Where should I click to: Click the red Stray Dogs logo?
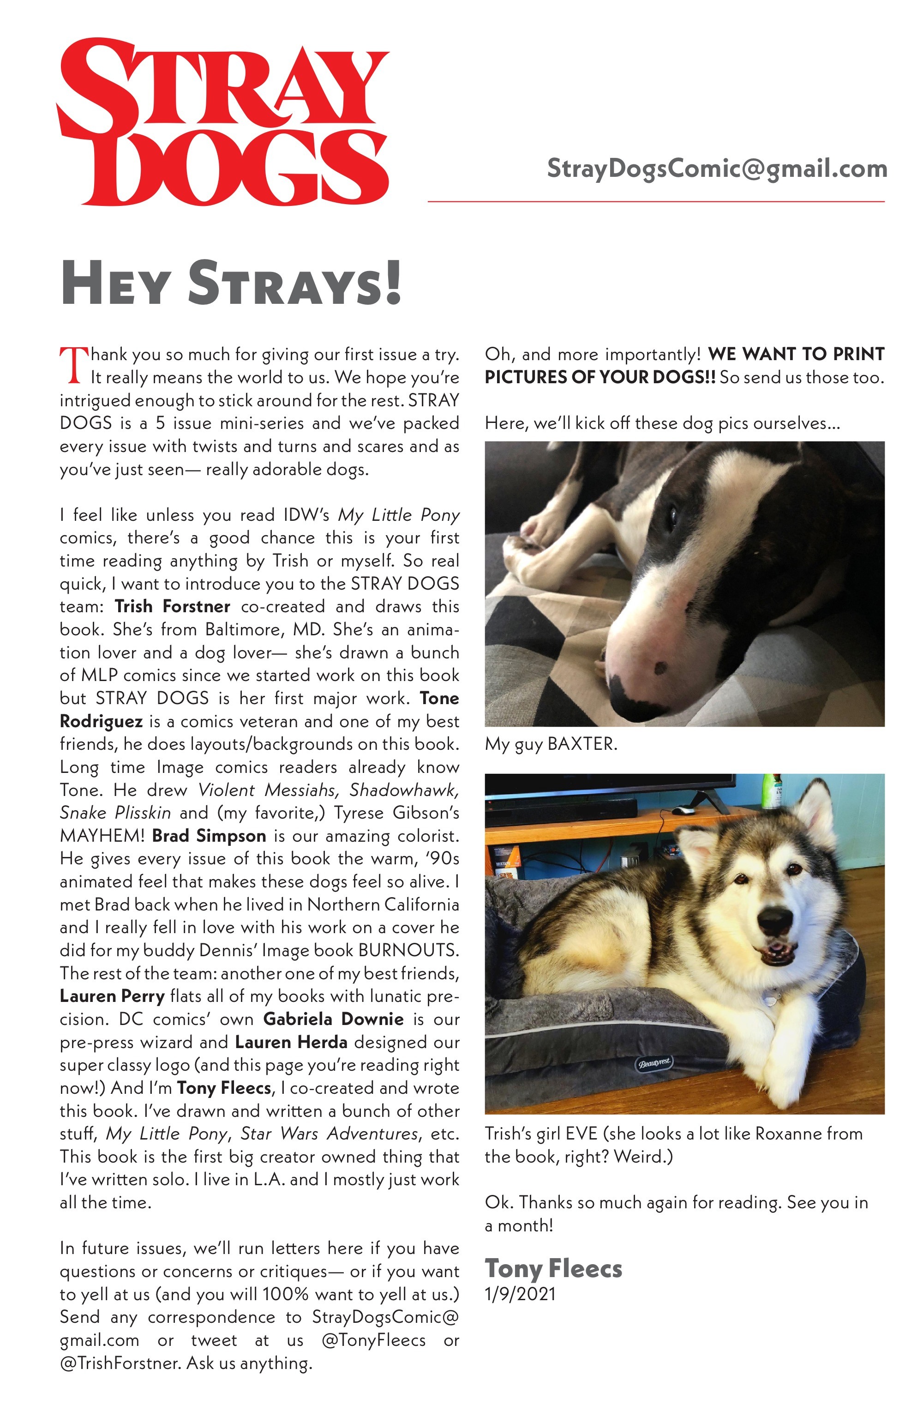click(222, 121)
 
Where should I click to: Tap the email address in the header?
click(716, 169)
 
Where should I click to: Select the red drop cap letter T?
click(73, 365)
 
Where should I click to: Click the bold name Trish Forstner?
click(172, 607)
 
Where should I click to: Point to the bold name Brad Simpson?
click(209, 836)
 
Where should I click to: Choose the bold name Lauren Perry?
click(112, 996)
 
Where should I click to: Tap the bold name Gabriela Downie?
click(333, 1019)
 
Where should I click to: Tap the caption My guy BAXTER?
click(551, 744)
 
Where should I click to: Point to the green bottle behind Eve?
click(771, 791)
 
